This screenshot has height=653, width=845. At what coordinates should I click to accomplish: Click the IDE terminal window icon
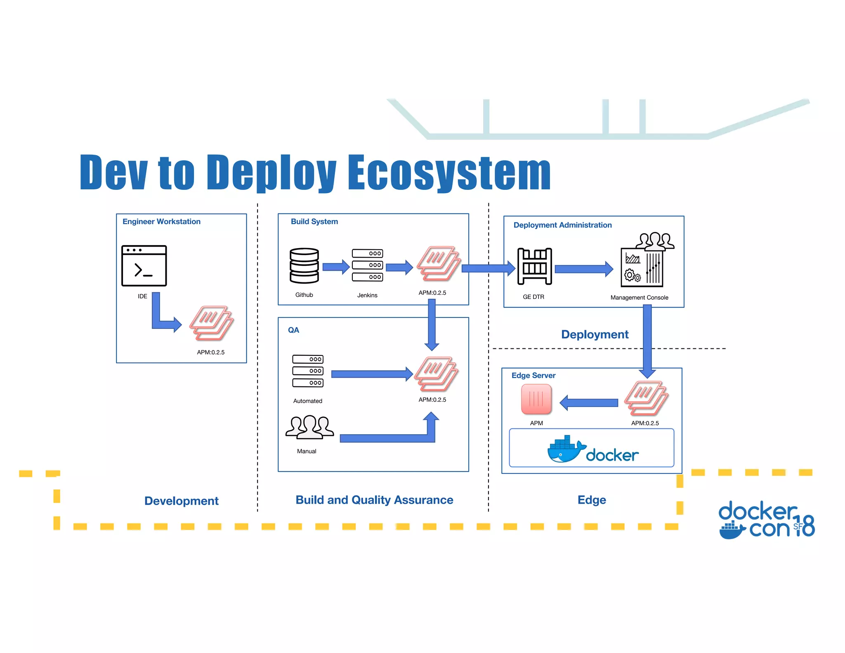pos(144,266)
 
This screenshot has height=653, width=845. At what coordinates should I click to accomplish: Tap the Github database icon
pos(304,266)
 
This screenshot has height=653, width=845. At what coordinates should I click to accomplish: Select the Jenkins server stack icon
pos(367,265)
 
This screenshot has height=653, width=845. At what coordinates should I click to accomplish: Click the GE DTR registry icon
pos(535,267)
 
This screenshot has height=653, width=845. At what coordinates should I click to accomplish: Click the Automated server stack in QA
pos(308,371)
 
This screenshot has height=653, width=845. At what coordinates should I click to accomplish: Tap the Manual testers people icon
pos(309,427)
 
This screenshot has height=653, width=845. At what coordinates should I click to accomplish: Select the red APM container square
pos(536,399)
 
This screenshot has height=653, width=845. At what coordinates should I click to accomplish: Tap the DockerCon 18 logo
pos(766,521)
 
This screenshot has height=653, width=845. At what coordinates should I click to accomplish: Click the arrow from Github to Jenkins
pos(335,267)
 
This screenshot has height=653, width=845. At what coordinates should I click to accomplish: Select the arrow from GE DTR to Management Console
pos(584,269)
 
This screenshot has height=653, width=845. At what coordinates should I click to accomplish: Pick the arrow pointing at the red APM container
pos(589,403)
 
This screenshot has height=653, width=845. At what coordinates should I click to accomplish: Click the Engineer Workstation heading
pos(161,222)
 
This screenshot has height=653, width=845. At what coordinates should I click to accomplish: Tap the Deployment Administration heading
pos(562,225)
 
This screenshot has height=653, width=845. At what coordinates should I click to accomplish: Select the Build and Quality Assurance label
pos(374,500)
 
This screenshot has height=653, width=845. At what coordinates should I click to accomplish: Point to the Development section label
pos(181,501)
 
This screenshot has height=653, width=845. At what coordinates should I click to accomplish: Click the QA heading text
pos(293,330)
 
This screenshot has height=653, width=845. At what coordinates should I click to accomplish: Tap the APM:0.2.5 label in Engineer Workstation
pos(210,352)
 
